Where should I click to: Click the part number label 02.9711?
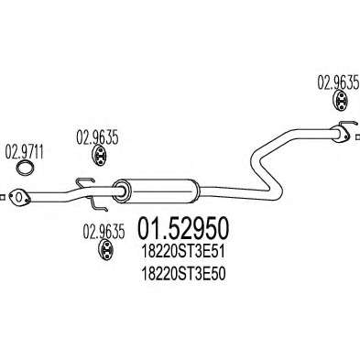click(24, 153)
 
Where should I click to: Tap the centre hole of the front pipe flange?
click(18, 197)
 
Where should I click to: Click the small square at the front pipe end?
click(2, 197)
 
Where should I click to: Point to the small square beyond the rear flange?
click(357, 137)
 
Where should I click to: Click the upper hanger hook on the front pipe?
click(84, 182)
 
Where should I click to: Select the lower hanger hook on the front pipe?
click(98, 204)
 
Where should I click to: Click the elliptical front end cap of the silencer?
click(121, 191)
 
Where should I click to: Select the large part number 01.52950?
click(183, 229)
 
